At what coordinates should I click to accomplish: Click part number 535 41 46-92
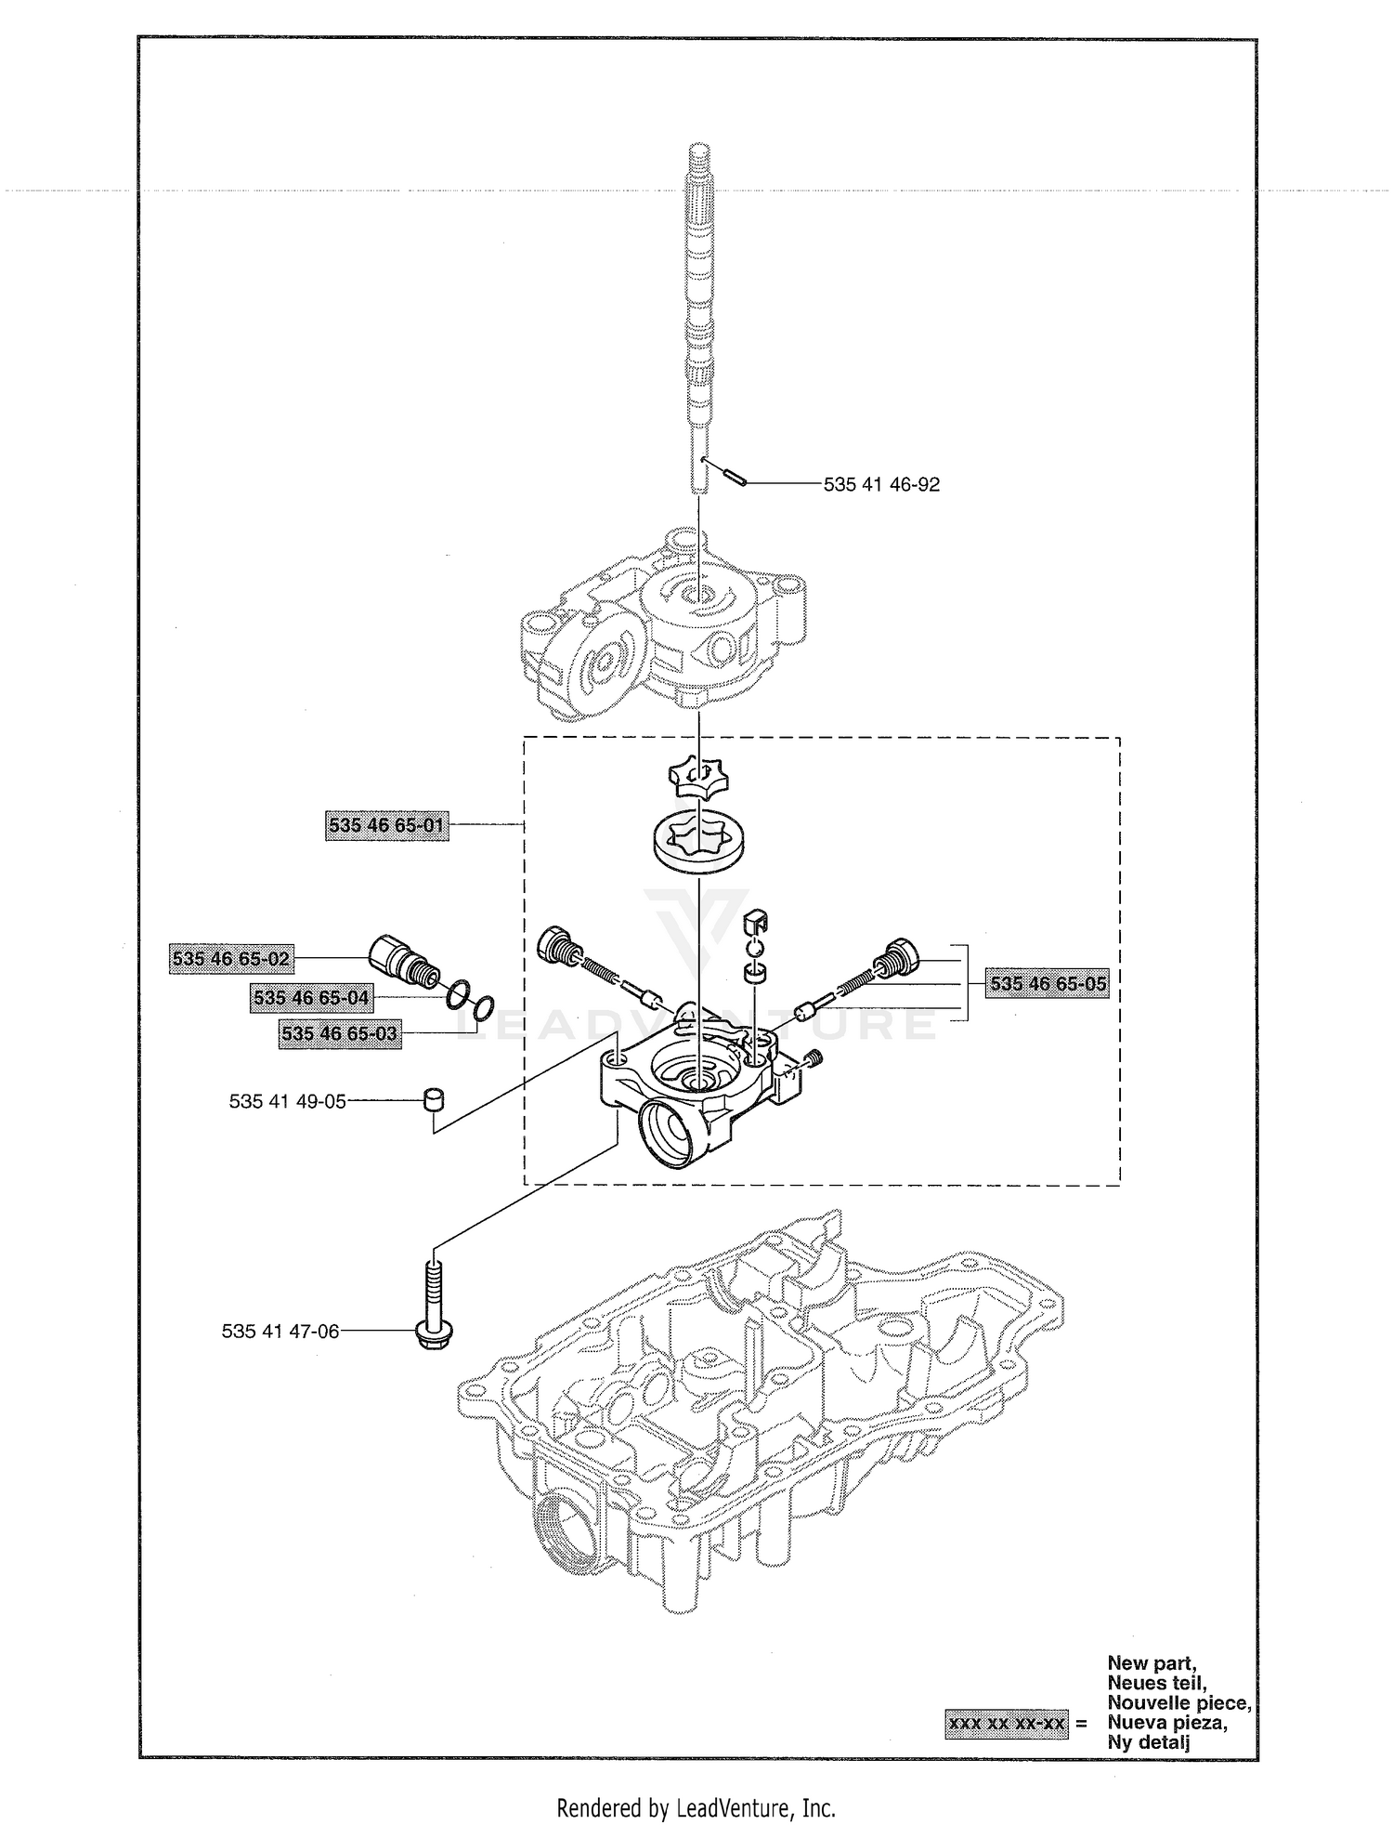click(881, 484)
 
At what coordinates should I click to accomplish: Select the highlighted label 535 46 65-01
click(387, 824)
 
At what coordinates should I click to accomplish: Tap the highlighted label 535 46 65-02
click(231, 958)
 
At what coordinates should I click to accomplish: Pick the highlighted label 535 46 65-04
click(311, 998)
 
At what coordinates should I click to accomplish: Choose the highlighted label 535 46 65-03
click(340, 1033)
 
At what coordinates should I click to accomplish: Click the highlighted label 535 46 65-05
click(1048, 983)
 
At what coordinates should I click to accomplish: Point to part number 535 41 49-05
click(287, 1101)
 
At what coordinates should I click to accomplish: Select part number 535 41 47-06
click(280, 1331)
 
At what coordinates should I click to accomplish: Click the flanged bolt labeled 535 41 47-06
click(430, 1304)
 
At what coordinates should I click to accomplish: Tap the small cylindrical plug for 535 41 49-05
click(433, 1098)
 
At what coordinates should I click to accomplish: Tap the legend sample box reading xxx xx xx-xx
click(1007, 1723)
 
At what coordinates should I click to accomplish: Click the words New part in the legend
click(1152, 1662)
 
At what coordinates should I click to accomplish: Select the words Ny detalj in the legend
click(1149, 1741)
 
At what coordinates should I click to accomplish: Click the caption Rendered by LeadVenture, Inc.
click(696, 1808)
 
